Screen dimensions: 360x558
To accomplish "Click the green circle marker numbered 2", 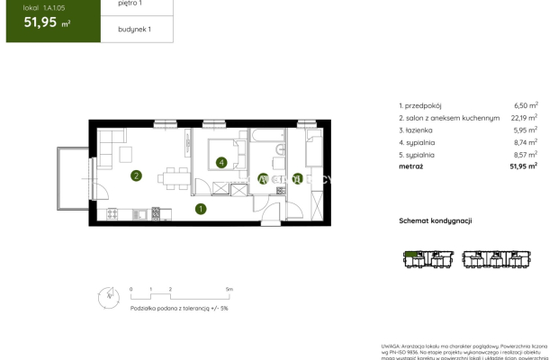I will click(x=136, y=175).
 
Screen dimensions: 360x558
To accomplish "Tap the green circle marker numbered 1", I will click(x=201, y=210).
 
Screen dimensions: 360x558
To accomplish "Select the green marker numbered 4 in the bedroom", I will click(x=221, y=163).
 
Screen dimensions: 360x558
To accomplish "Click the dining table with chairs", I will click(x=175, y=175).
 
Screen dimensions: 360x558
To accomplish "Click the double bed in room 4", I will click(x=225, y=153).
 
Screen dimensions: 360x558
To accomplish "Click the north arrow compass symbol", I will click(x=107, y=294).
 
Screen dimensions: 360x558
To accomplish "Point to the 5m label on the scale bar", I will click(x=229, y=289).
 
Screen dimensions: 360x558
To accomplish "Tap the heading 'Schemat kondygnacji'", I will click(x=436, y=220).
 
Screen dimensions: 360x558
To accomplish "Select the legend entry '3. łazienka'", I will click(x=418, y=130).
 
